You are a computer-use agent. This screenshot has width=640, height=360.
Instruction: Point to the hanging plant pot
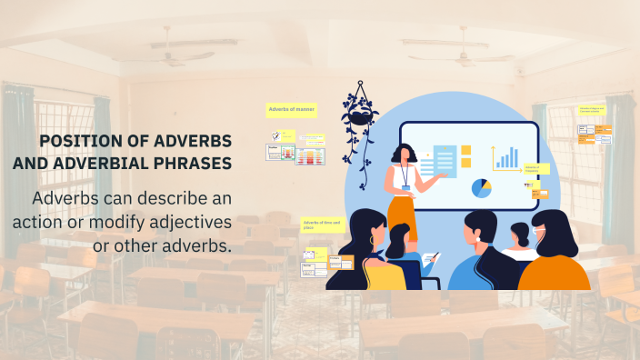[x=360, y=115]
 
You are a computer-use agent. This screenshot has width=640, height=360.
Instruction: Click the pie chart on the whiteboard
[x=482, y=188]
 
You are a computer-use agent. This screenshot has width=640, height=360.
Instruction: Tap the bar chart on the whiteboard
[x=505, y=157]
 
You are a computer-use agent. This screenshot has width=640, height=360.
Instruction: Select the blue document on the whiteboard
[x=445, y=161]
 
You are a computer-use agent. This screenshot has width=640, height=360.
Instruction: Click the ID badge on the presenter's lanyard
[x=405, y=188]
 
